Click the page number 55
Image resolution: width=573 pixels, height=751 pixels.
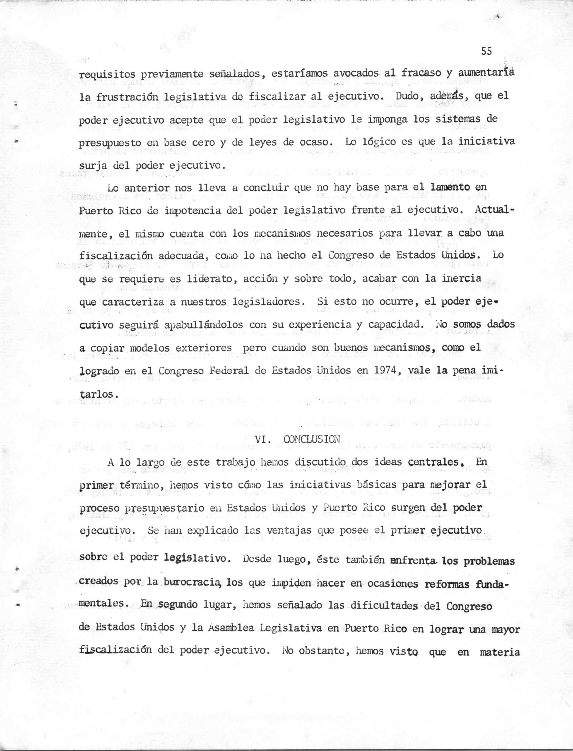pyautogui.click(x=486, y=51)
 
